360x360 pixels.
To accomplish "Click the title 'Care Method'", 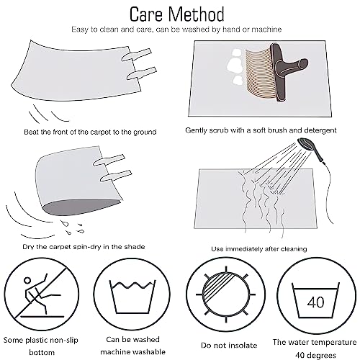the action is pyautogui.click(x=177, y=14).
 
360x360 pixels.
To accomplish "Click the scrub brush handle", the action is pyautogui.click(x=288, y=71).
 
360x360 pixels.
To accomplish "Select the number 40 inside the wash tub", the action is pyautogui.click(x=315, y=302).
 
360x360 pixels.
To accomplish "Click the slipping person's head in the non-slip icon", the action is pyautogui.click(x=27, y=281).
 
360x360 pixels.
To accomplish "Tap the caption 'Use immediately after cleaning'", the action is pyautogui.click(x=259, y=249).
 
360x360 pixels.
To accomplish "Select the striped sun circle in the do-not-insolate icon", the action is pyautogui.click(x=225, y=294).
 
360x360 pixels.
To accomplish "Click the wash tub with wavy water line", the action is pyautogui.click(x=132, y=297).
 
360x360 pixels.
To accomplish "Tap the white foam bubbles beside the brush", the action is pyautogui.click(x=235, y=67).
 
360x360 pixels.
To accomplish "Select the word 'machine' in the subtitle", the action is pyautogui.click(x=266, y=30).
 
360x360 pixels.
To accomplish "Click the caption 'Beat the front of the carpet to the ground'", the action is pyautogui.click(x=90, y=132).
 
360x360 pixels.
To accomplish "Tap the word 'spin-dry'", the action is pyautogui.click(x=86, y=247).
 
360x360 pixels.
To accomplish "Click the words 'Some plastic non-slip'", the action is pyautogui.click(x=41, y=341).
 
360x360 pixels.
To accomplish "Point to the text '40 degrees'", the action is pyautogui.click(x=315, y=355).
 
